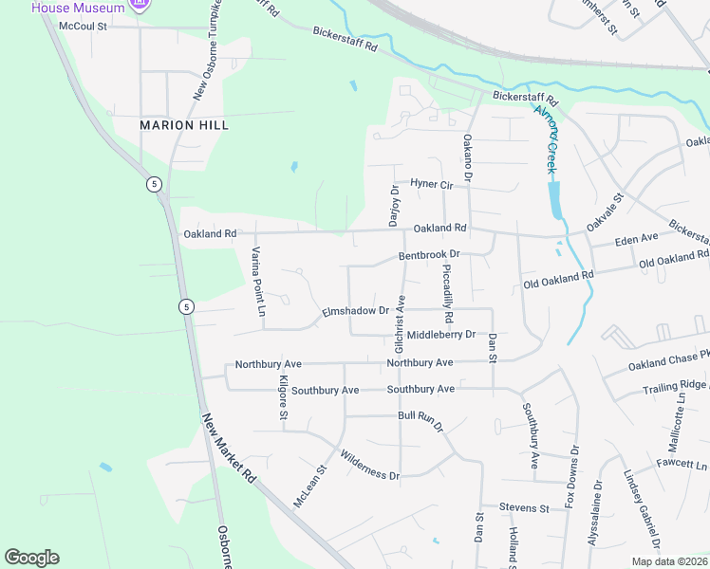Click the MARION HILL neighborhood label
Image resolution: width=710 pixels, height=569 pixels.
184,125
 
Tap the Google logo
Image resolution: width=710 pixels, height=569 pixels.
31,558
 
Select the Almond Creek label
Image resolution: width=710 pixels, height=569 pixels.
546,139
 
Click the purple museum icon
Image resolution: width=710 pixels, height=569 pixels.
140,7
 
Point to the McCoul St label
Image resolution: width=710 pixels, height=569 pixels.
84,27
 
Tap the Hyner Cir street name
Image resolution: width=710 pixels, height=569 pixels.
432,183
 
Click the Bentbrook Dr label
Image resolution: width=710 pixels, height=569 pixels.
429,255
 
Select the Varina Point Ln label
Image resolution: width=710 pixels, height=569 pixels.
256,281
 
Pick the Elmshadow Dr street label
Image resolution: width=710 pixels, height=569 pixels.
356,310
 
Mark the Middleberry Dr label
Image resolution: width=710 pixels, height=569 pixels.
440,335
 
